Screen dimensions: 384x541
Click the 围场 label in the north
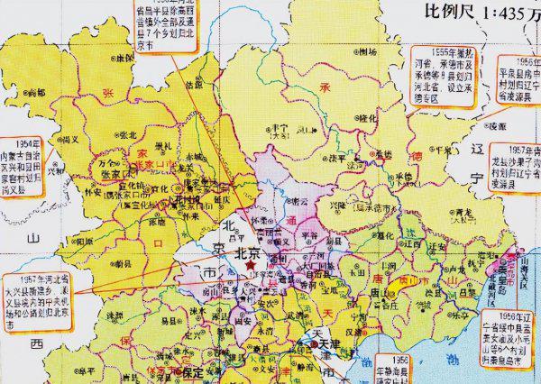[x=365, y=51]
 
